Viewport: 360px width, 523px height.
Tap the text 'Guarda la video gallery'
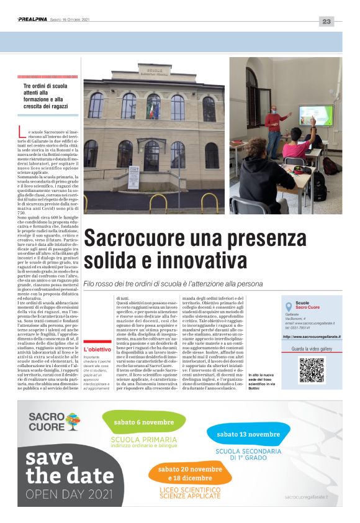[312, 349]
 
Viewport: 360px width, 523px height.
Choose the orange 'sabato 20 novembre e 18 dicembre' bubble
[189, 473]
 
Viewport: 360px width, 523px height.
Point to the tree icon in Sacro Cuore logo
[73, 422]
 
